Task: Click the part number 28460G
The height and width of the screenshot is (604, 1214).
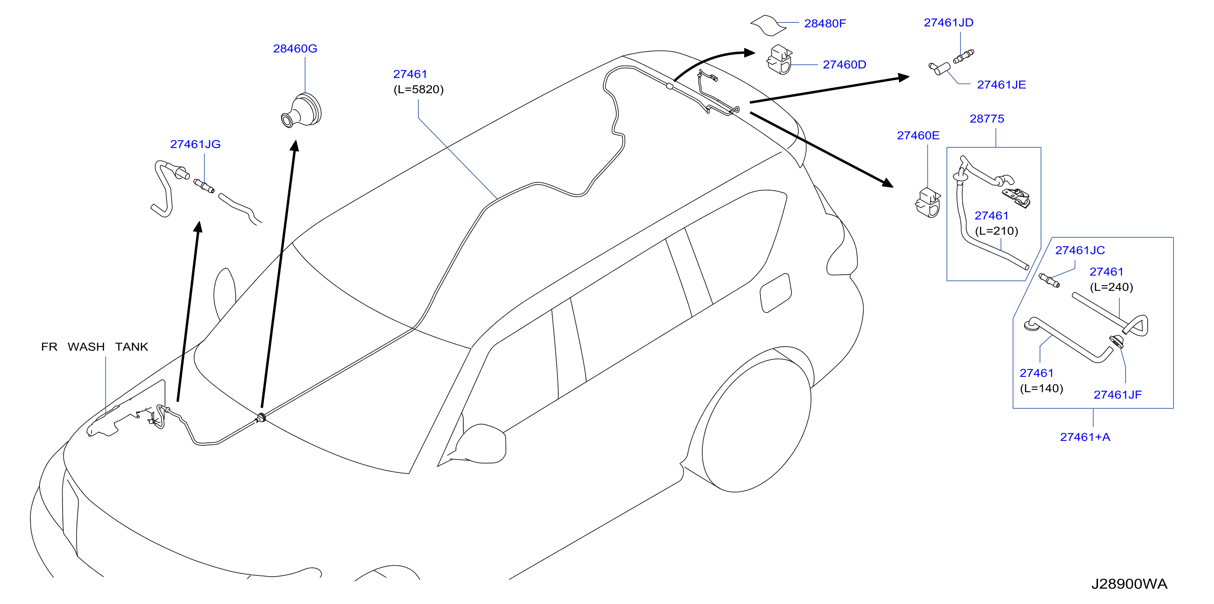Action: point(295,48)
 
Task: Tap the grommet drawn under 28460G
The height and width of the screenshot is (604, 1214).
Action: point(302,111)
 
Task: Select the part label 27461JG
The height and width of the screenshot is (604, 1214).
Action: point(195,144)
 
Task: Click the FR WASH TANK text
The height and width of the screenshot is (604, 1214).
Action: point(95,347)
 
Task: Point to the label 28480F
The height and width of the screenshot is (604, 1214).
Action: point(825,24)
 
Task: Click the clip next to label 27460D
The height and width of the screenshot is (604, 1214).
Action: point(780,60)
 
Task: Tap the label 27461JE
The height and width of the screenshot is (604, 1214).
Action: point(1001,85)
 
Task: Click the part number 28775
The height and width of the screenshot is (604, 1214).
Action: point(986,119)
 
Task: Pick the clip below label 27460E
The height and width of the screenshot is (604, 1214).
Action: point(927,203)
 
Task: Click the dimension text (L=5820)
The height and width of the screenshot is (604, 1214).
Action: point(419,90)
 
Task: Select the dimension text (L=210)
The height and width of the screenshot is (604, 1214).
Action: point(996,231)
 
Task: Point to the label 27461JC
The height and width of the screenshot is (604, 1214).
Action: point(1080,250)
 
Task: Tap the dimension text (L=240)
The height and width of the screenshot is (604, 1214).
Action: point(1111,287)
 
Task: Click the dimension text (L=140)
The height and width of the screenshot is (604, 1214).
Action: point(1041,388)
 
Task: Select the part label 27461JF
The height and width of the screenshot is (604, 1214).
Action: point(1118,395)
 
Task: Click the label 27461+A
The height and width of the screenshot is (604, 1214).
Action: point(1085,437)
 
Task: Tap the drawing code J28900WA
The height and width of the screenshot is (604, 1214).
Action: point(1129,584)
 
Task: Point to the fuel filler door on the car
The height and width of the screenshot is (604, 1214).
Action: point(775,293)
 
